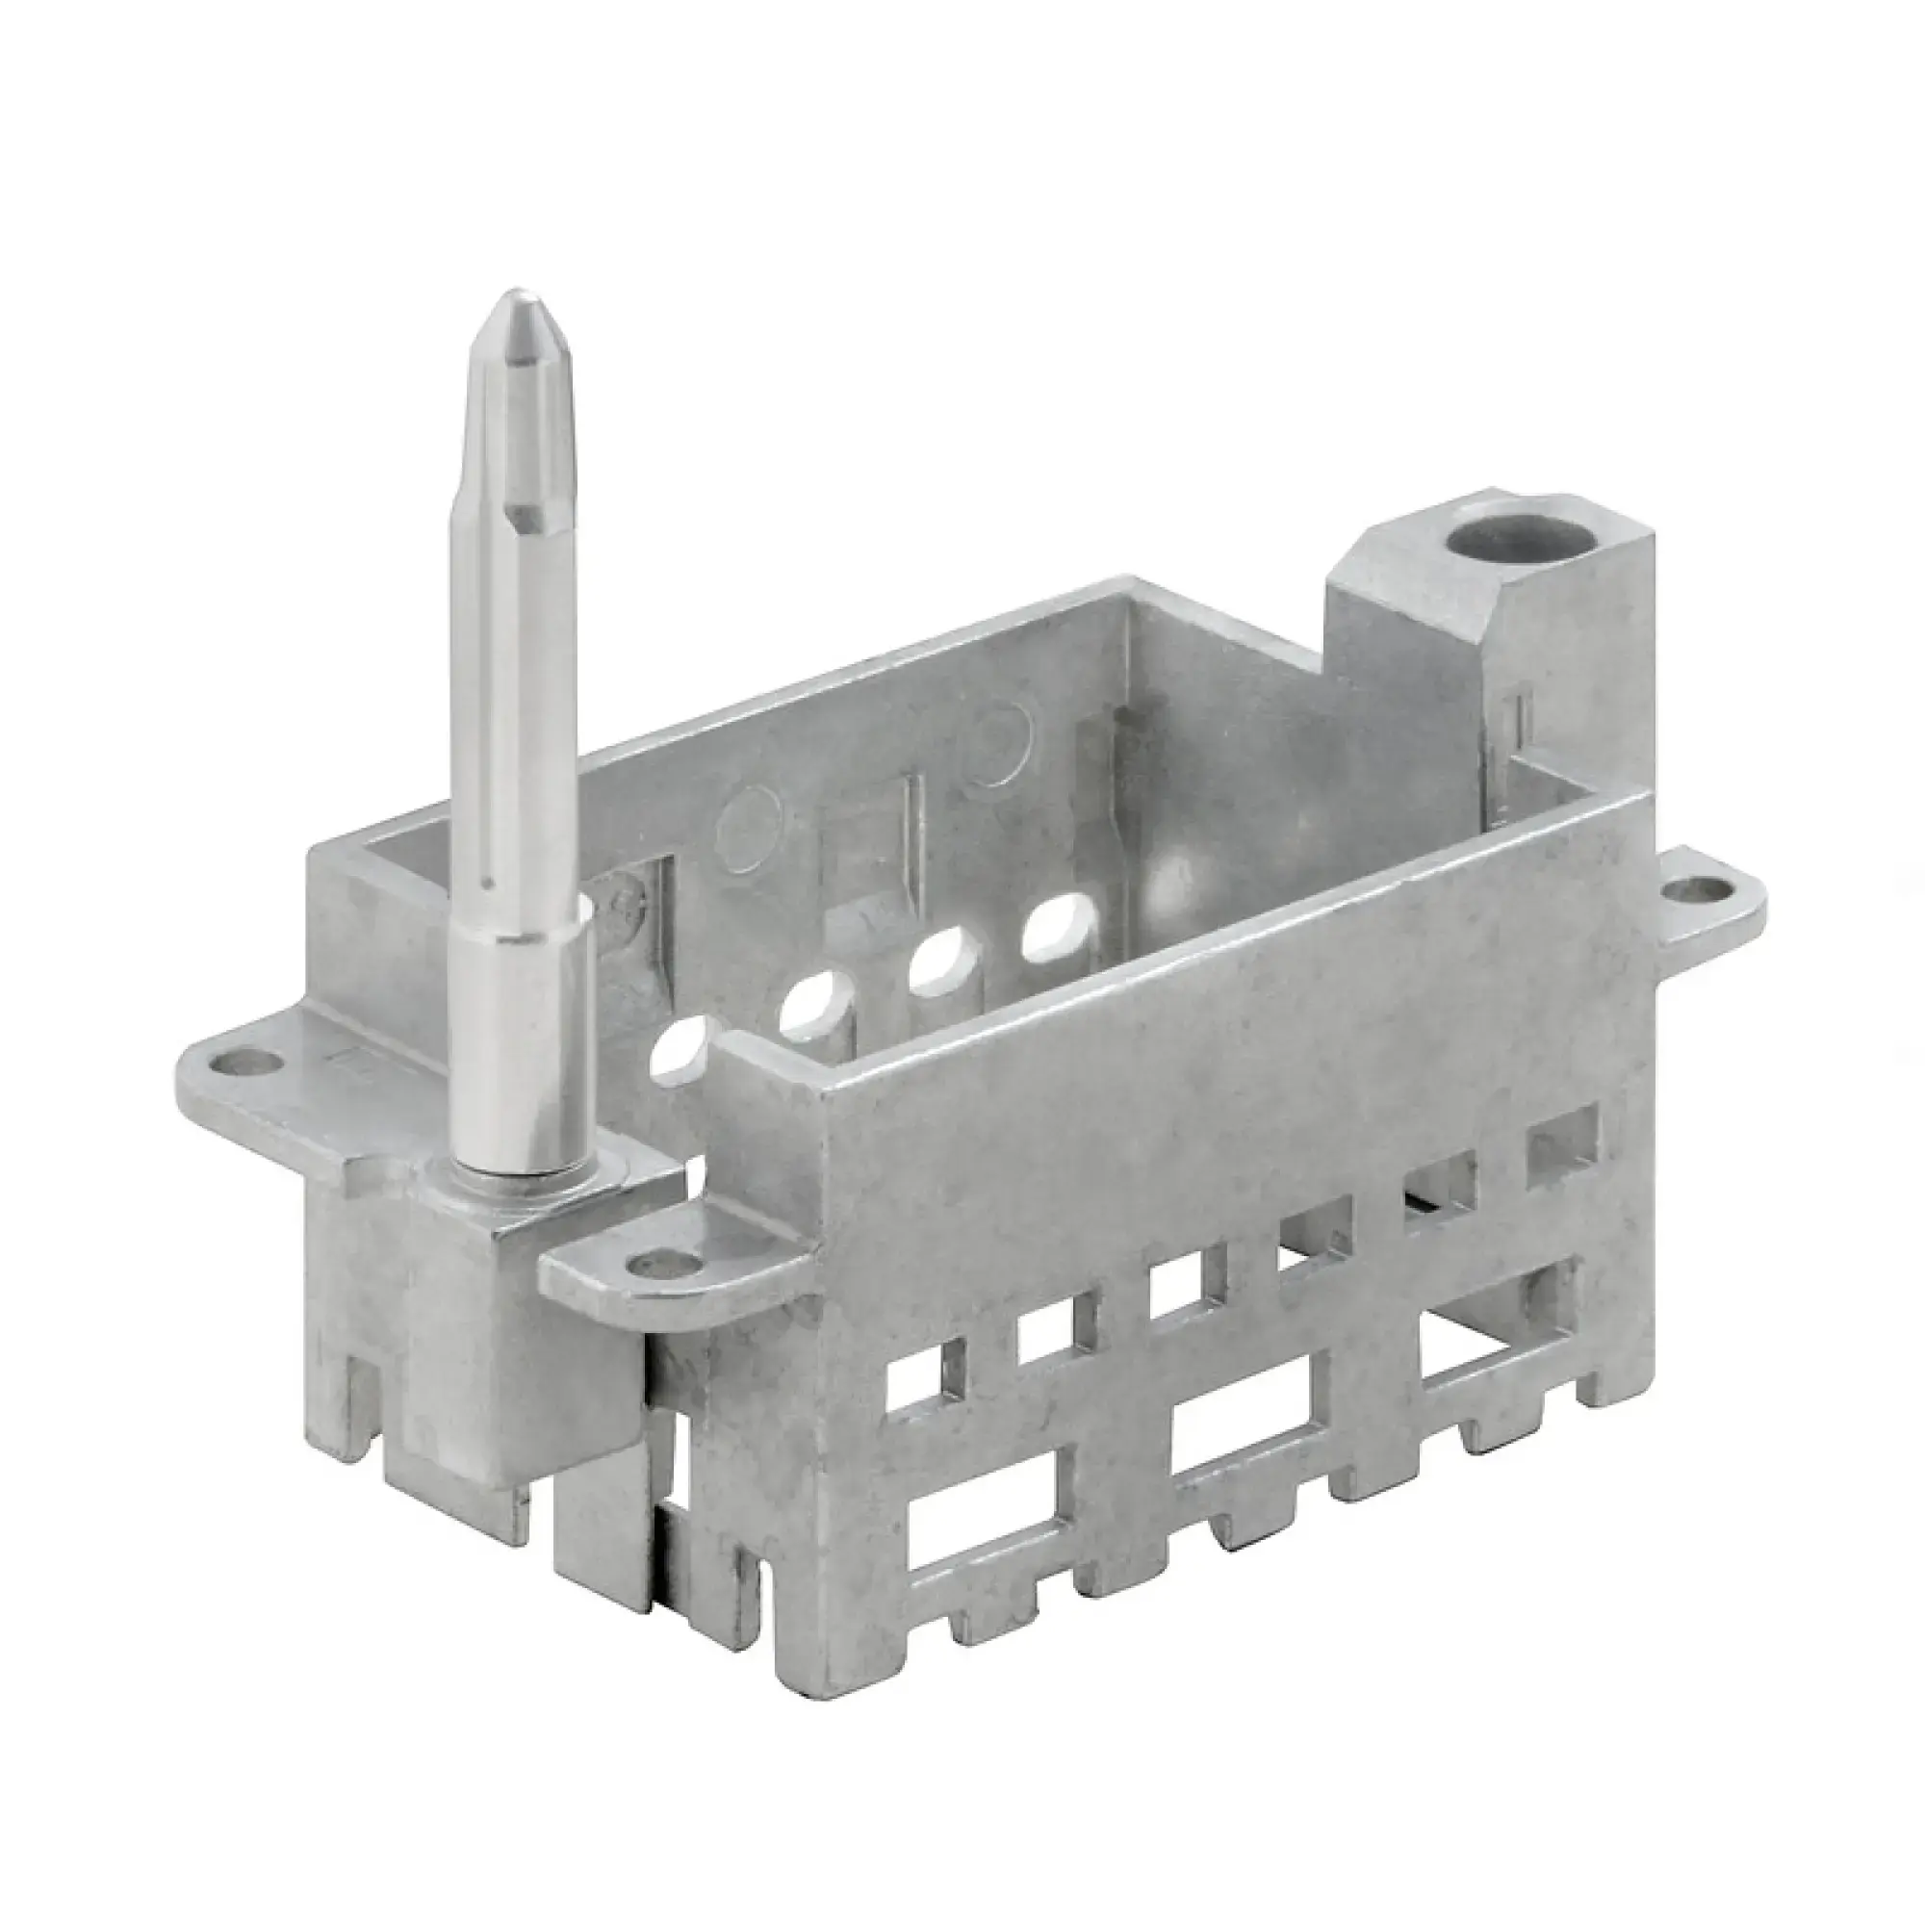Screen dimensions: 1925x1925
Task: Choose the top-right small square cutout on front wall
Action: coord(1561,1138)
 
